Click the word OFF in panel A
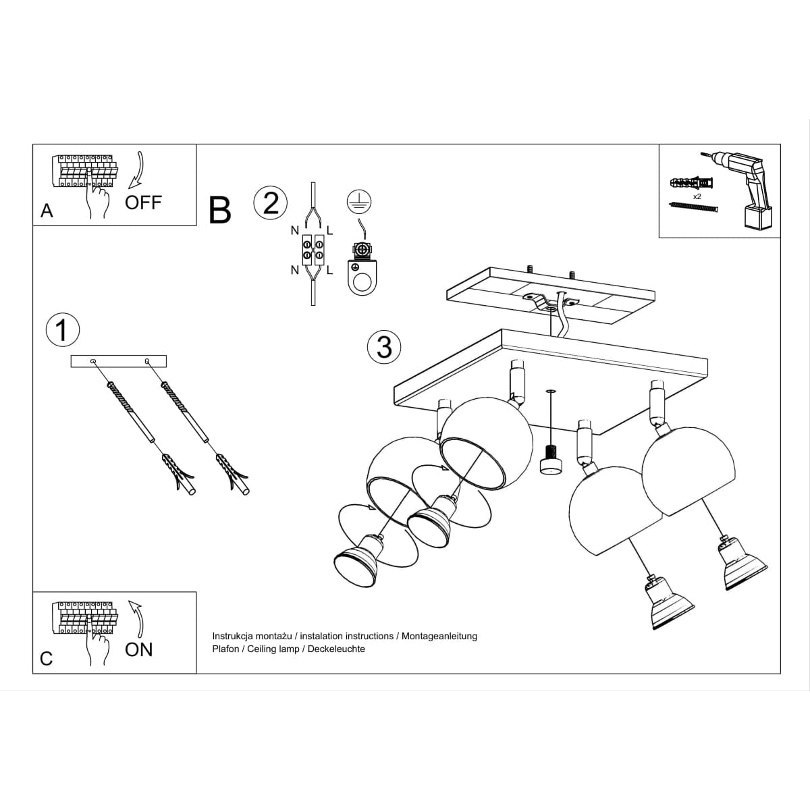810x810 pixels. pos(143,202)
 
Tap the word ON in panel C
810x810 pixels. pos(139,649)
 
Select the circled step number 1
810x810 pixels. pos(62,330)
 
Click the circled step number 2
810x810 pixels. pos(270,202)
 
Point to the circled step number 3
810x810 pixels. pos(384,347)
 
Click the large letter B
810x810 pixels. pos(220,210)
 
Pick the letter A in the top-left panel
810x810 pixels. pos(47,211)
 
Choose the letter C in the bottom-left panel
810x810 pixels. pos(47,658)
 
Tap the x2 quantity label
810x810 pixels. pos(697,196)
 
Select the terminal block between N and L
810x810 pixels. pos(312,250)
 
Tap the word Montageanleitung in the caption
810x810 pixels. pos(439,636)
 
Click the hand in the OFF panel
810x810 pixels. pos(99,198)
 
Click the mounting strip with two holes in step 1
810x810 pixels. pos(119,362)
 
